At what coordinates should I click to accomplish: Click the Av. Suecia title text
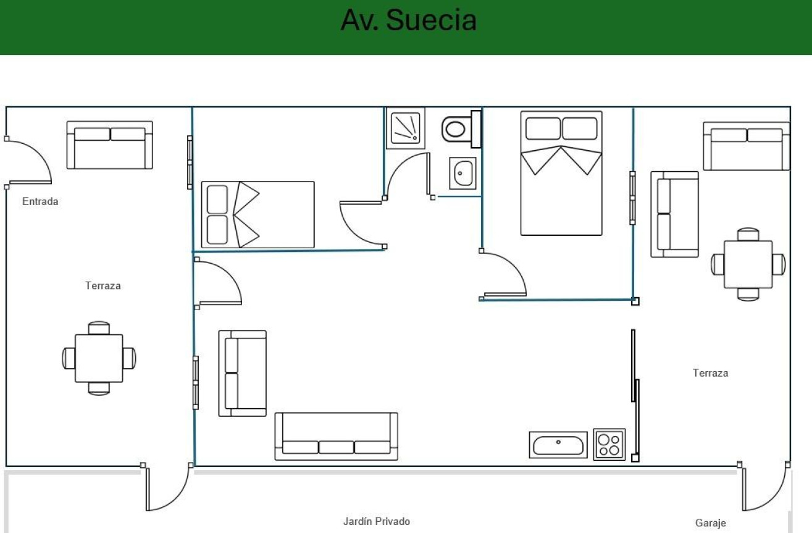(x=409, y=20)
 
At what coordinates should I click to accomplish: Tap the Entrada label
(x=40, y=201)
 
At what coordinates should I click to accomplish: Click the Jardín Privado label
(x=377, y=521)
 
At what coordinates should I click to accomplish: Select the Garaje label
(x=711, y=523)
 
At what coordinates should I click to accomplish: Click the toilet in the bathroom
(x=461, y=129)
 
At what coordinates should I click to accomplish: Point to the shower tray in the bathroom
(x=406, y=128)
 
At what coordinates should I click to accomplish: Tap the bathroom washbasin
(x=463, y=174)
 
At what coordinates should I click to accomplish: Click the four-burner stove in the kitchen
(x=609, y=445)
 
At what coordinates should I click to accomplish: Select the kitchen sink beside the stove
(x=558, y=445)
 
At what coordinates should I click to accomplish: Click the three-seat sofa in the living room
(x=337, y=436)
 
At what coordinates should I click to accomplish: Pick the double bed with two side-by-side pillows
(x=561, y=174)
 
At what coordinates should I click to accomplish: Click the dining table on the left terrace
(x=99, y=358)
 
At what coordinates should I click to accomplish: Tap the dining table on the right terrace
(x=748, y=264)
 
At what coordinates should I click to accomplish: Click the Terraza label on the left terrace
(x=103, y=286)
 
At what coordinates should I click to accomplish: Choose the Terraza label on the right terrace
(x=711, y=373)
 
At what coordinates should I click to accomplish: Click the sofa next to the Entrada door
(x=110, y=145)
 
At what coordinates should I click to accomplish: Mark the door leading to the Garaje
(x=766, y=488)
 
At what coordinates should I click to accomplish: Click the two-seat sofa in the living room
(x=243, y=374)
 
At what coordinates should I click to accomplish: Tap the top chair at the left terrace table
(x=99, y=328)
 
